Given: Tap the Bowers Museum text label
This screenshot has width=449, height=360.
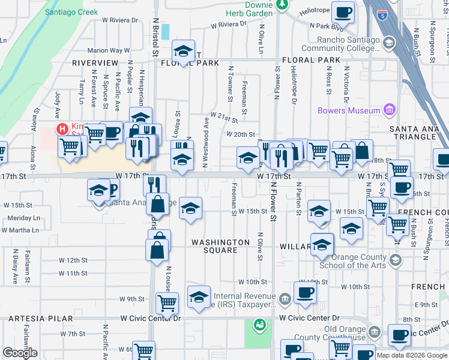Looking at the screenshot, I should [349, 110].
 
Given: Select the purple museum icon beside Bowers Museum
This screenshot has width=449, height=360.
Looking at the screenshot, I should [390, 110].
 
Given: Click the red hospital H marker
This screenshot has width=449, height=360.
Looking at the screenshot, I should [61, 129].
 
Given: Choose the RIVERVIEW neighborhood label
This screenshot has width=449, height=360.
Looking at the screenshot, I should [95, 62].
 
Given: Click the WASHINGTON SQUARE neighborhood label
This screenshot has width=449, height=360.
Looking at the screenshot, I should [220, 242].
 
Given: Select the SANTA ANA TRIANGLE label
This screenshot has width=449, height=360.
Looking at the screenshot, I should [418, 133].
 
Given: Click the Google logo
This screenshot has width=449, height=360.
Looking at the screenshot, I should [20, 353].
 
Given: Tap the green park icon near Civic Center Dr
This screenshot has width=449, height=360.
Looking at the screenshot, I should [260, 325].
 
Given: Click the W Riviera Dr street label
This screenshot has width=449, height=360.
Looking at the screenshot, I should [228, 25].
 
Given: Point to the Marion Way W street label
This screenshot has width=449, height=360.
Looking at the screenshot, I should [109, 51].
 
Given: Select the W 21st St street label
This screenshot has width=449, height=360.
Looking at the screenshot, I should [223, 118].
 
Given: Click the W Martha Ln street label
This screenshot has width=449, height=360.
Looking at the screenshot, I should [20, 230].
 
